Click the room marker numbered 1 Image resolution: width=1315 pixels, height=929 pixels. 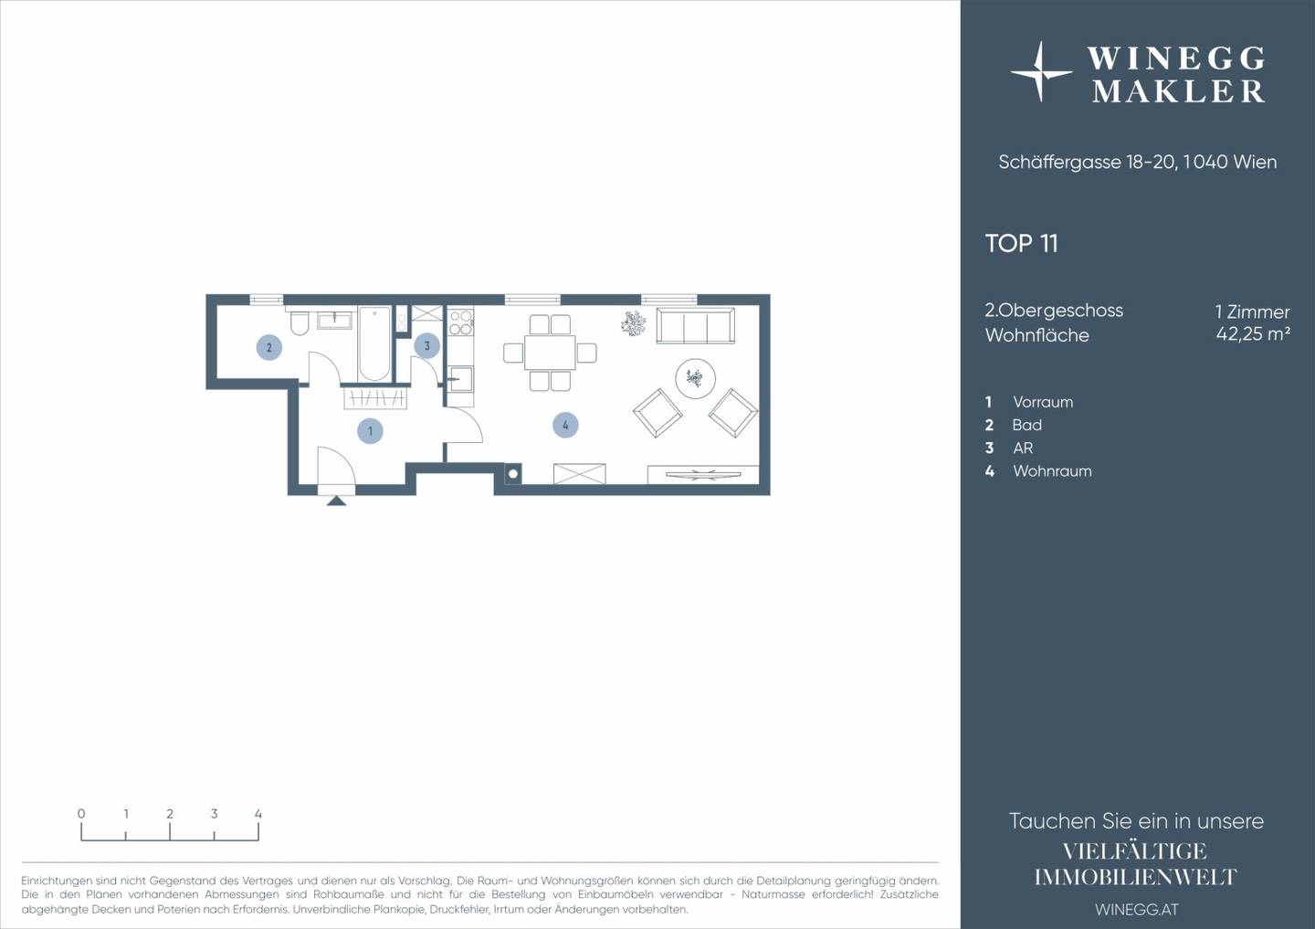[370, 431]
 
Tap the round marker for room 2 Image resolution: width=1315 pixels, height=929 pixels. [268, 348]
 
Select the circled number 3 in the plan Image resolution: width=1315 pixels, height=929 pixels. [426, 346]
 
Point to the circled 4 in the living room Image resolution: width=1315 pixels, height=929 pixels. [565, 425]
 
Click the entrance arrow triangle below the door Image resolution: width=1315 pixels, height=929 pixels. [336, 501]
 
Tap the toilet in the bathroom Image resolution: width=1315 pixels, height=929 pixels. [300, 324]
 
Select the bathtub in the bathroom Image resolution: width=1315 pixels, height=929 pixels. [374, 343]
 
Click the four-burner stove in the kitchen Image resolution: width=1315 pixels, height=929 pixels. [460, 322]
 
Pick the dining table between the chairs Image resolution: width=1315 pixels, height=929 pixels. [550, 353]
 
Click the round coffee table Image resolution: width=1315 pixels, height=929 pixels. [695, 379]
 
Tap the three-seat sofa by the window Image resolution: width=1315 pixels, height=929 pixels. [695, 326]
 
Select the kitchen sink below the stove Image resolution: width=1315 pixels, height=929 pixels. [461, 379]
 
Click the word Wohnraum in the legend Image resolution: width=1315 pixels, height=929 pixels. [1052, 471]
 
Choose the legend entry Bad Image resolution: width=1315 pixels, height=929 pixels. [1026, 425]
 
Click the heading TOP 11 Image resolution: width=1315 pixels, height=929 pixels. [1022, 244]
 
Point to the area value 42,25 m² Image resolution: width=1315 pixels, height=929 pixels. [1253, 333]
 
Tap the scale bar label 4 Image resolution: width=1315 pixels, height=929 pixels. [258, 814]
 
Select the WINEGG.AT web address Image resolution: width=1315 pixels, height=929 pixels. [1137, 910]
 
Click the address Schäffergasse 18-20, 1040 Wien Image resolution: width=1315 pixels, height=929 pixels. [1138, 162]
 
